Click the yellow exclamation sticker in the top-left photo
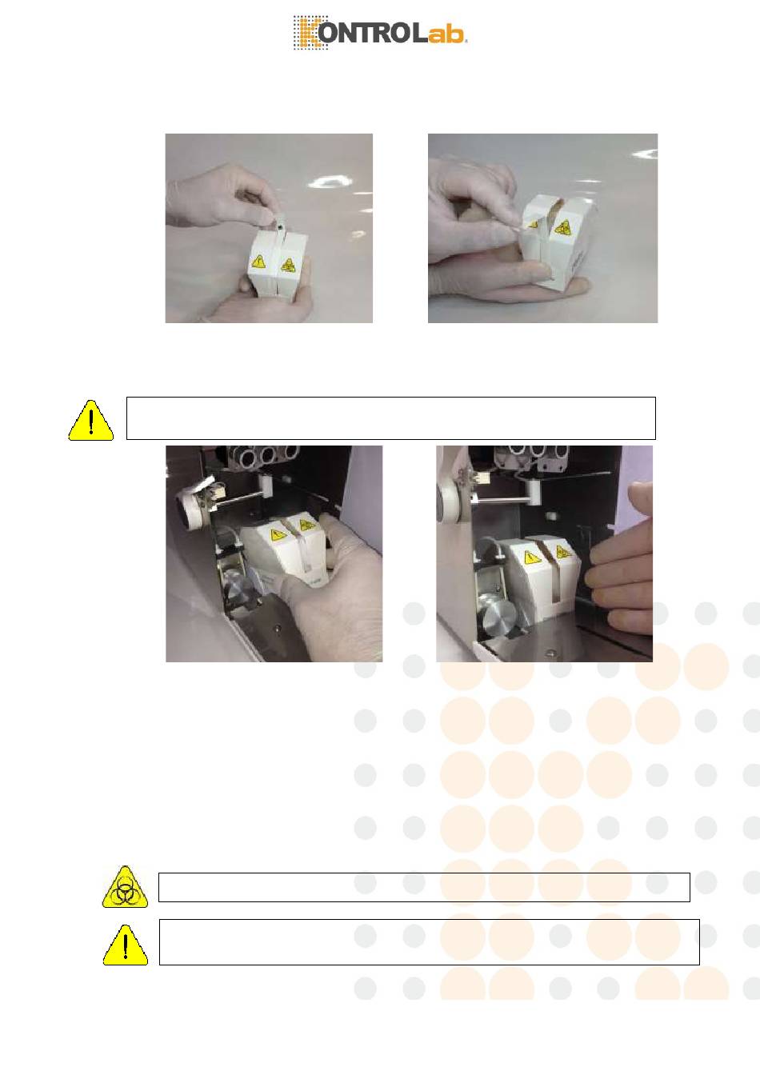258,262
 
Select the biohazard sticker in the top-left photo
287,265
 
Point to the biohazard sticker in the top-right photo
562,227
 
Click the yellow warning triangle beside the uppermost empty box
91,421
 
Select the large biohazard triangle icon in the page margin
125,887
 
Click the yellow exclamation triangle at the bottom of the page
126,945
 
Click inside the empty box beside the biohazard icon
424,887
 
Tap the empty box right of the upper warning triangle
391,418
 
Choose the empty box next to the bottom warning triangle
430,942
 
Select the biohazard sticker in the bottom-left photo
305,525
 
